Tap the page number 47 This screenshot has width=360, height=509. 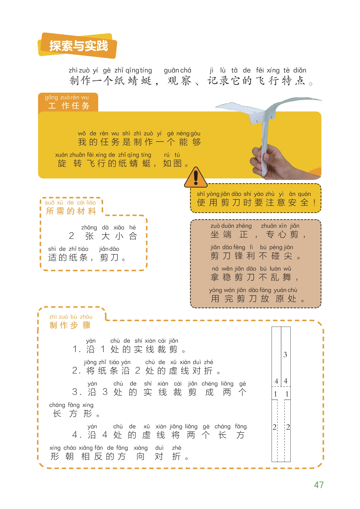(x=319, y=485)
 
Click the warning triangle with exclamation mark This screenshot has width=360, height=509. (x=196, y=177)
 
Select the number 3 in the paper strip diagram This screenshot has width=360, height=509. (x=285, y=355)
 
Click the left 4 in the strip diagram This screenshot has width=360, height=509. (x=276, y=381)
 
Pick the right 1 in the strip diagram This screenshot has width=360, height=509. (x=287, y=394)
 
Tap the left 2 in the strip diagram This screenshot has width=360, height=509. (x=274, y=427)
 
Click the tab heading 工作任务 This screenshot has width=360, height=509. (x=69, y=106)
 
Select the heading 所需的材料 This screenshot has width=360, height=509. (x=71, y=211)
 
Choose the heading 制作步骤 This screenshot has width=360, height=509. (x=70, y=325)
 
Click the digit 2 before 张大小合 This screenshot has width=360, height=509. (x=71, y=236)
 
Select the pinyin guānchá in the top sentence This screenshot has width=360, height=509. (x=177, y=70)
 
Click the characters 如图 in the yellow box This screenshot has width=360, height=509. (x=172, y=163)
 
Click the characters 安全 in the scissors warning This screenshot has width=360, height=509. (x=299, y=203)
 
